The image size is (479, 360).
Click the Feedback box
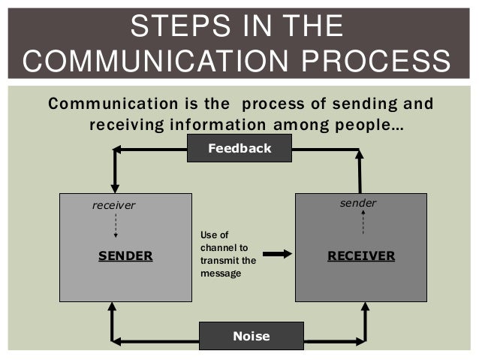click(x=239, y=149)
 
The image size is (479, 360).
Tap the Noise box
click(x=251, y=336)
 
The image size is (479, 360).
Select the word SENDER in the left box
click(x=125, y=256)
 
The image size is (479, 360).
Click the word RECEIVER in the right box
click(x=361, y=256)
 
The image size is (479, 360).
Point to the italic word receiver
click(x=113, y=205)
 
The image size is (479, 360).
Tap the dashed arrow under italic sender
click(x=363, y=222)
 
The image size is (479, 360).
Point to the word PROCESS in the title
click(x=384, y=61)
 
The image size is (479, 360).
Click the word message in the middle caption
click(x=221, y=273)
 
